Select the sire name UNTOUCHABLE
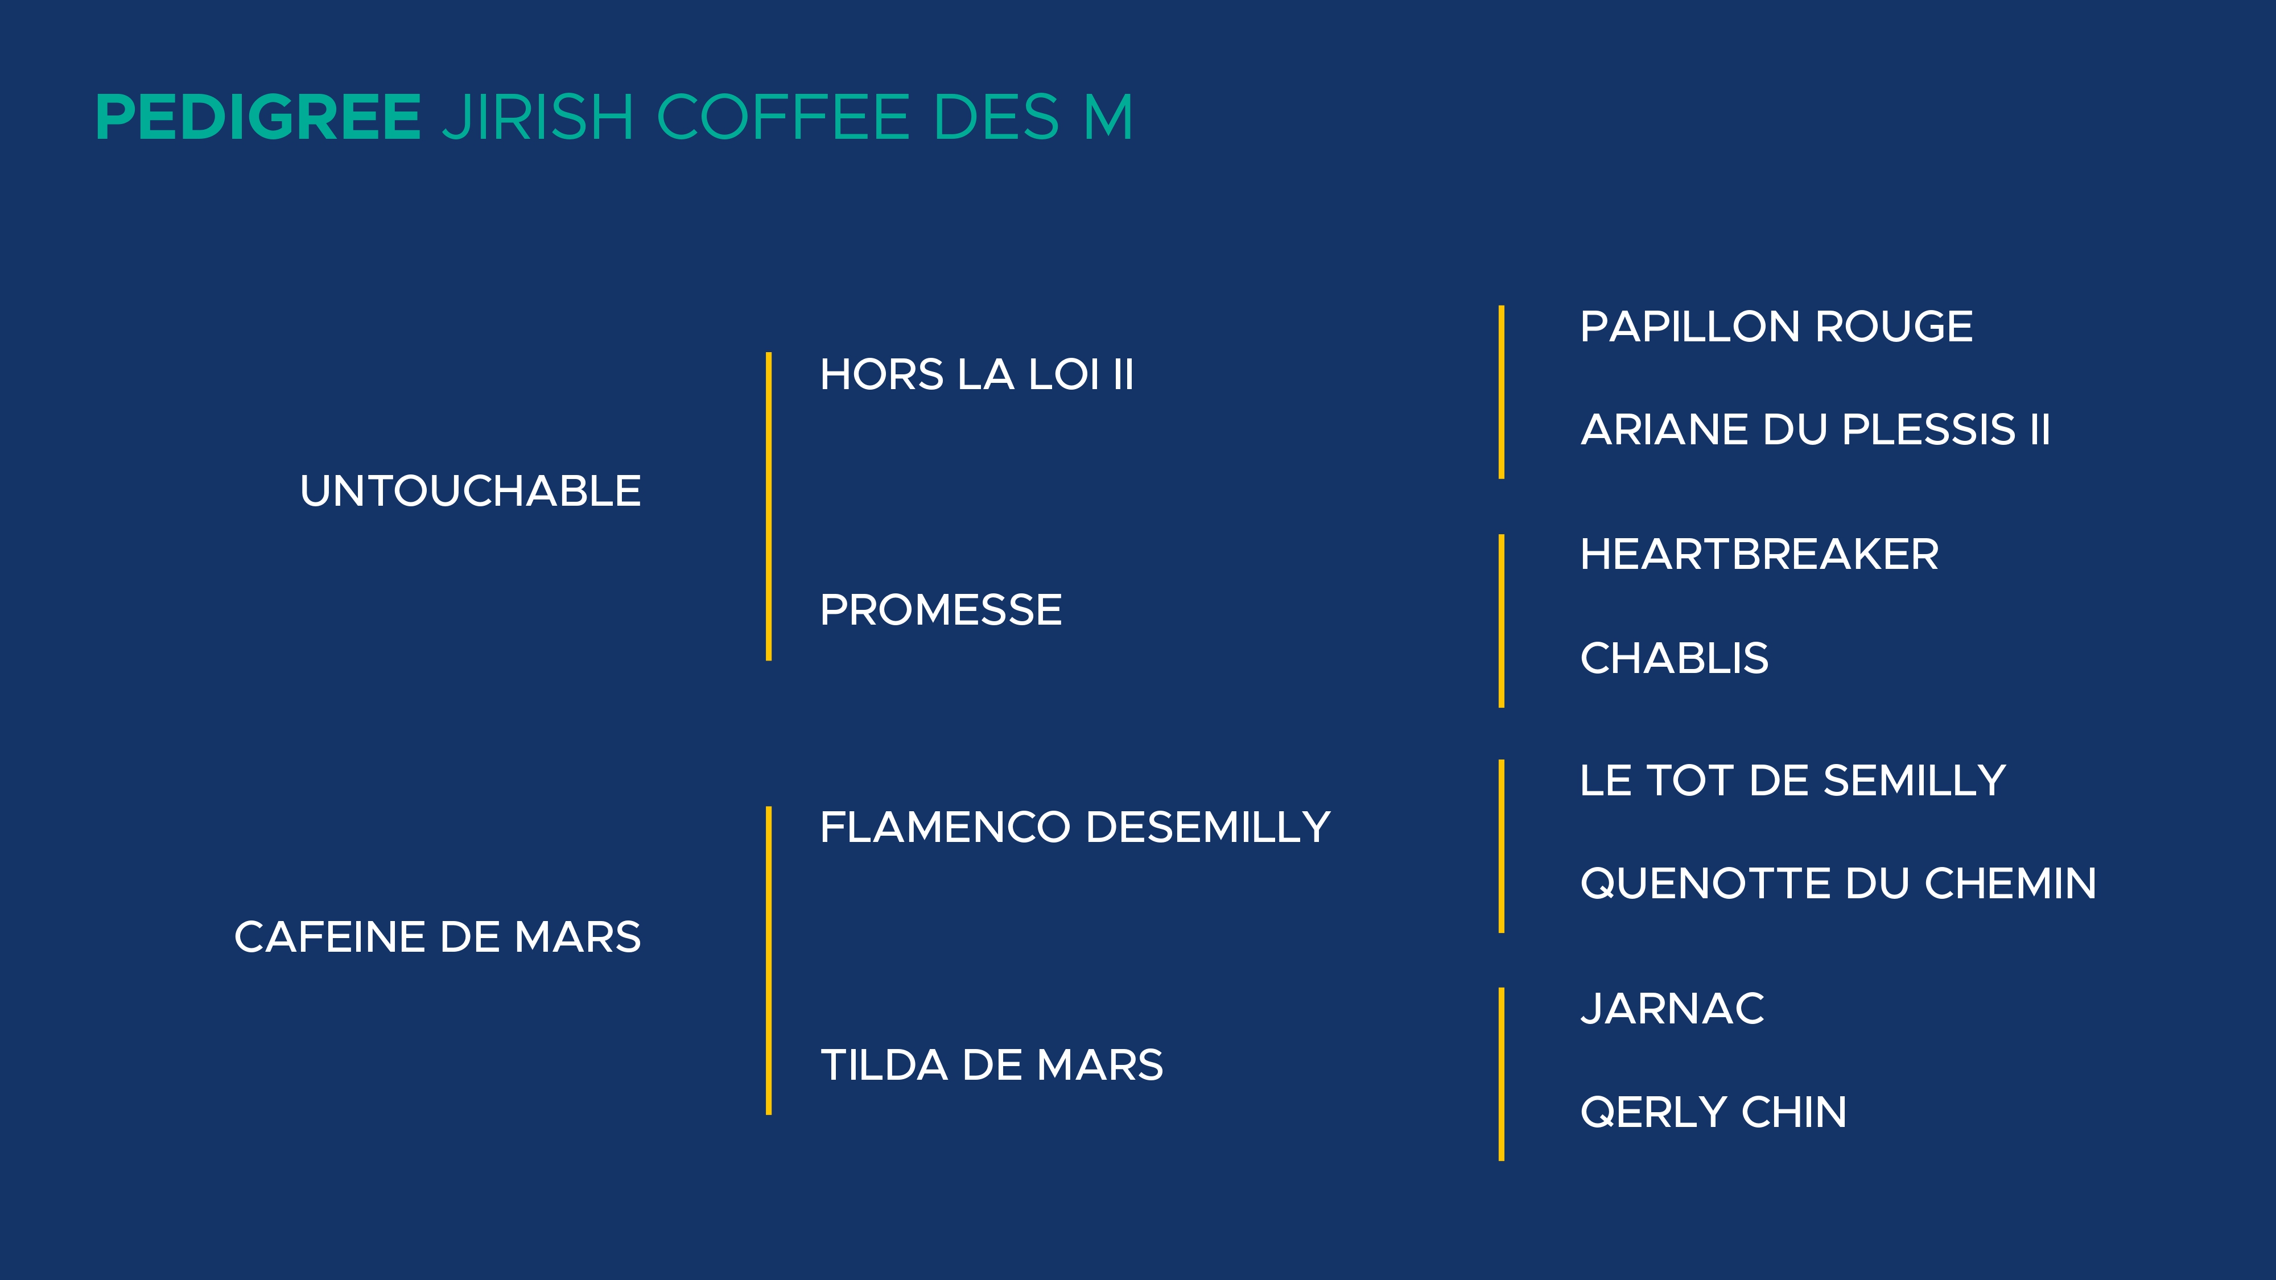[470, 491]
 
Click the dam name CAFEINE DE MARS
[438, 938]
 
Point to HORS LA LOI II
[976, 374]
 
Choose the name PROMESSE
[941, 609]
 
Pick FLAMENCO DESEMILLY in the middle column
[1075, 828]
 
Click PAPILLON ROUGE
[1776, 327]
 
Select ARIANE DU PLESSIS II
[1815, 430]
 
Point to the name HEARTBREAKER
[1759, 555]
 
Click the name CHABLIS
[1675, 658]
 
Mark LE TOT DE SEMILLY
[1793, 781]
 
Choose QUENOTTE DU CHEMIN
[1838, 883]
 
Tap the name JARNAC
[1672, 1009]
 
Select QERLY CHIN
[1713, 1112]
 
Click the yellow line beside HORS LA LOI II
[769, 506]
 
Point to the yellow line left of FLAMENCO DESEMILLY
[769, 960]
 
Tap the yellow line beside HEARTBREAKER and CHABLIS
[1501, 621]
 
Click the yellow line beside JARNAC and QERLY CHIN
[1501, 1074]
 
